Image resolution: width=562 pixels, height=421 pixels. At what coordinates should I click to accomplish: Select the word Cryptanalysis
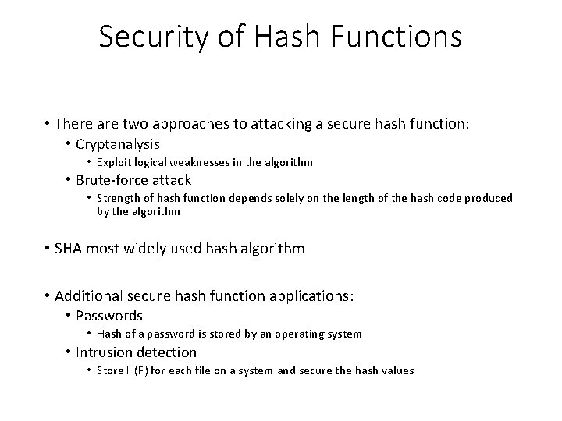pos(118,144)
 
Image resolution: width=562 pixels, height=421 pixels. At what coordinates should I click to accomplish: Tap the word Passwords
pos(109,316)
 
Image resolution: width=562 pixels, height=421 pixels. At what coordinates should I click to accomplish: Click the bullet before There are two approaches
pos(48,126)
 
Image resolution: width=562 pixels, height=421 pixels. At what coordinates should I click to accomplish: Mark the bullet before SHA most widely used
pos(48,249)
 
